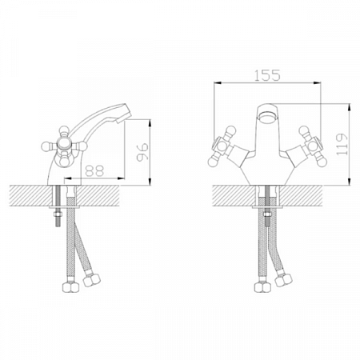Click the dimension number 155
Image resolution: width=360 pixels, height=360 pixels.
tap(267, 75)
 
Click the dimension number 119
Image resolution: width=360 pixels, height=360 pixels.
tap(342, 144)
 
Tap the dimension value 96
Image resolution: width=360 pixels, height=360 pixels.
tap(142, 152)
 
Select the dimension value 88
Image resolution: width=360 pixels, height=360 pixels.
tap(94, 171)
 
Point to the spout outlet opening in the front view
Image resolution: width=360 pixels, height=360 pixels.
tap(267, 117)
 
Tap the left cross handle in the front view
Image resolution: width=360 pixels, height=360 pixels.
tap(222, 146)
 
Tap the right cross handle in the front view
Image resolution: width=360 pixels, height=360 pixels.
tap(313, 146)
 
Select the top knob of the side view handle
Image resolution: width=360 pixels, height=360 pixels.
tap(64, 130)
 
